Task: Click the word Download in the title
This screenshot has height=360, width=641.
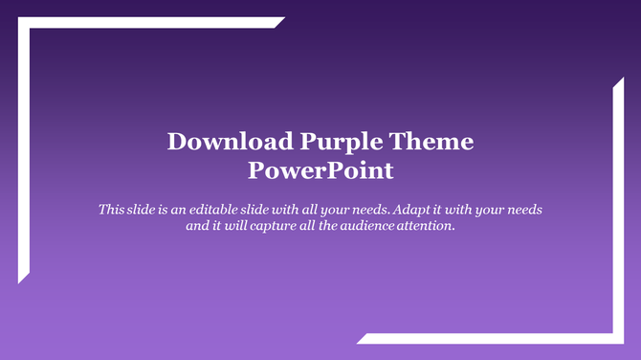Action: click(x=231, y=143)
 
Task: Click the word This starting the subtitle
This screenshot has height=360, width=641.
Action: click(x=111, y=208)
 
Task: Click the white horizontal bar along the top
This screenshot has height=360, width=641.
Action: click(x=153, y=23)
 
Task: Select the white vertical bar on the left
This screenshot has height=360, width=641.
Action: click(x=23, y=153)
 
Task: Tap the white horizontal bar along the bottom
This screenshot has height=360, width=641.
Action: click(x=488, y=338)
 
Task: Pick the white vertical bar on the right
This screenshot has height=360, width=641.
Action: click(x=618, y=211)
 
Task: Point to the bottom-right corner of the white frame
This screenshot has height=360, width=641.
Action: click(x=618, y=338)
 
